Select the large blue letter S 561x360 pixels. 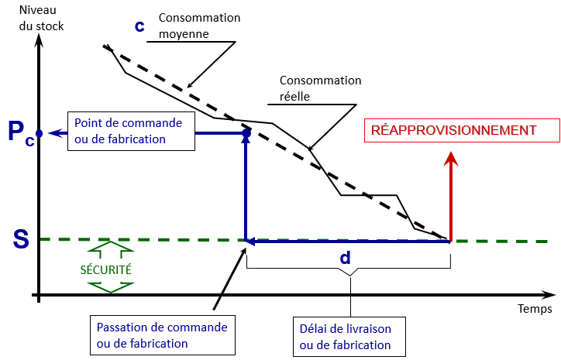22,239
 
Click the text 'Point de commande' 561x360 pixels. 128,124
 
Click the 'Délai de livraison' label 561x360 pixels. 345,328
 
